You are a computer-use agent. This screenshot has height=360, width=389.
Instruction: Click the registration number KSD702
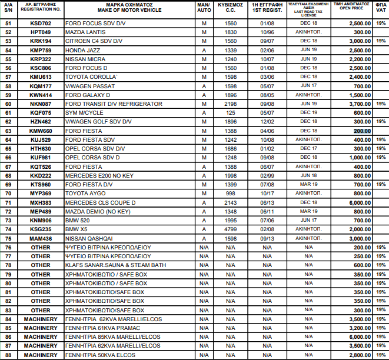[x=41, y=23]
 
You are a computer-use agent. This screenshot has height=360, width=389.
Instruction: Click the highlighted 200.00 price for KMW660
[x=361, y=131]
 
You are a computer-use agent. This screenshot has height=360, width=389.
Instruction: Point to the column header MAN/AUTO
[x=204, y=8]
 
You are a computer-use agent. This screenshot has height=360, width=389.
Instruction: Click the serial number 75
[x=8, y=238]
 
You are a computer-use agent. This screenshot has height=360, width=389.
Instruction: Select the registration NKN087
[x=41, y=104]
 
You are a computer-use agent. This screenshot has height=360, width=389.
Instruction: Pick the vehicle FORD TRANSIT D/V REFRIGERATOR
[x=114, y=104]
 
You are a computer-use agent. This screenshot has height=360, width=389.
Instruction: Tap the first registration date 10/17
[x=268, y=193]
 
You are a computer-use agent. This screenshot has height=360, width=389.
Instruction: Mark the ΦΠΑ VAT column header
[x=381, y=8]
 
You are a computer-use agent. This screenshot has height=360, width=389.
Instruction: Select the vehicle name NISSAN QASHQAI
[x=89, y=238]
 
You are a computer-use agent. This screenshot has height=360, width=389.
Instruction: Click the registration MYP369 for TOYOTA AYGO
[x=41, y=193]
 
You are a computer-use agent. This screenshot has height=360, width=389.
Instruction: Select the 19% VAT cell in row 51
[x=381, y=23]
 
